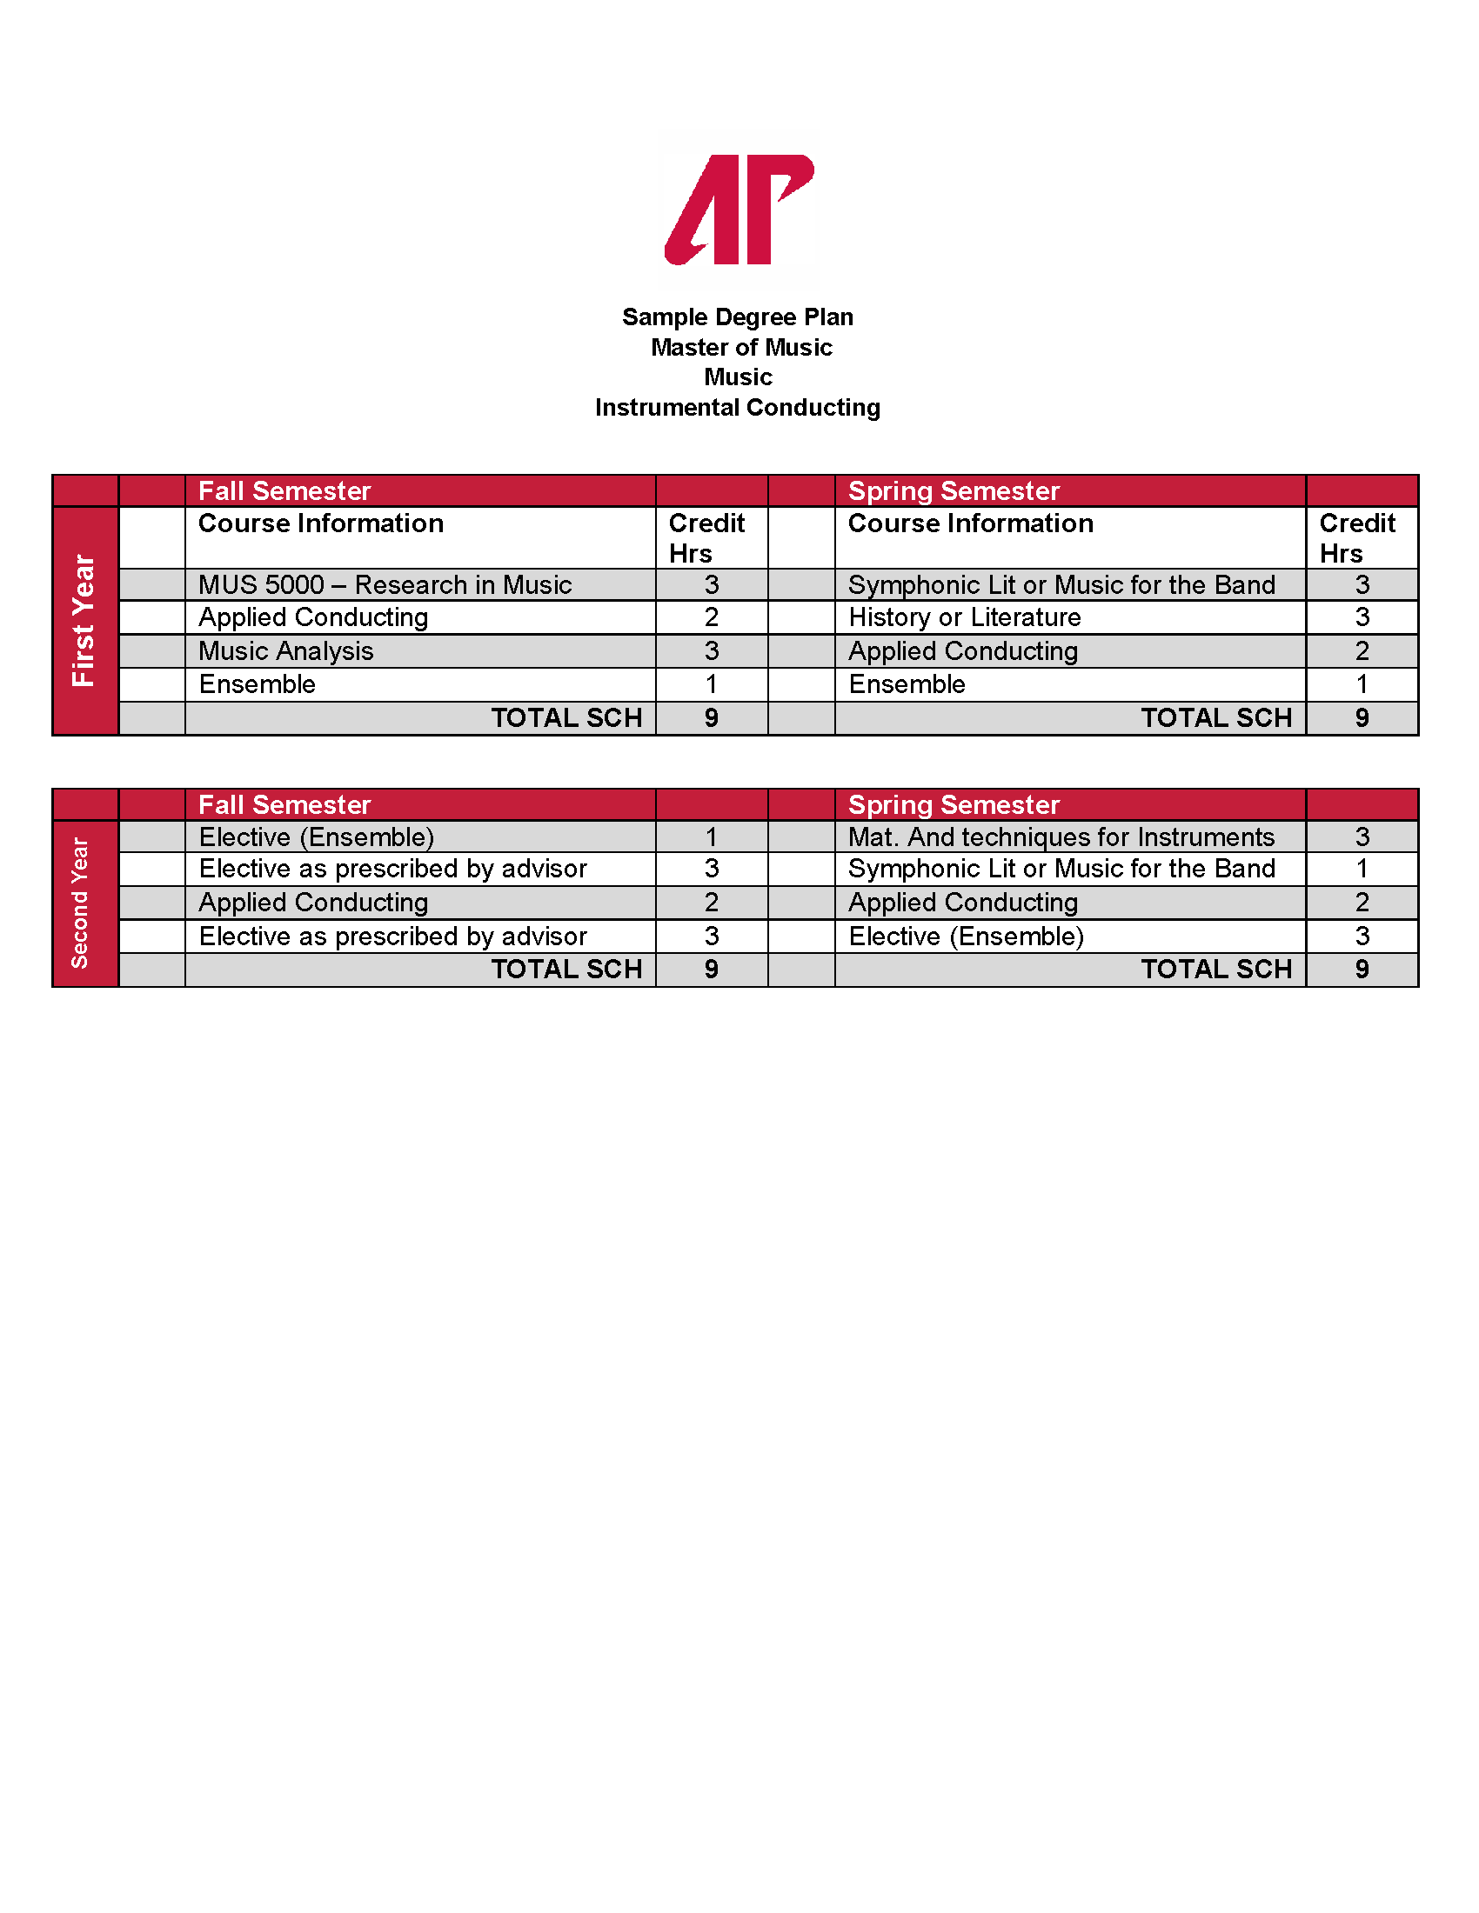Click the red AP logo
739,210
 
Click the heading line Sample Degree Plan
737,317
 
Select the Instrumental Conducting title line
737,407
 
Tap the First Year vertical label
84,620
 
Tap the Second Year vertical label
80,903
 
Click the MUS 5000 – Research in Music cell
385,584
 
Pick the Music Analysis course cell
285,650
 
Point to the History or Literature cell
964,617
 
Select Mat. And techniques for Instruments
1061,837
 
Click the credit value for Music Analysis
711,650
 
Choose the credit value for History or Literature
1361,617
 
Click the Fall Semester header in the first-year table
284,490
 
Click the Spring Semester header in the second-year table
954,804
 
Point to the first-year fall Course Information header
321,523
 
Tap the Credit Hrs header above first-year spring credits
1356,537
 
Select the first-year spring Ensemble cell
906,684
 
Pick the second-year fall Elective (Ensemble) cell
317,837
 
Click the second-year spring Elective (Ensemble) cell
966,937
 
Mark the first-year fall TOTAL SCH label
566,717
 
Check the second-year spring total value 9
1361,969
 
